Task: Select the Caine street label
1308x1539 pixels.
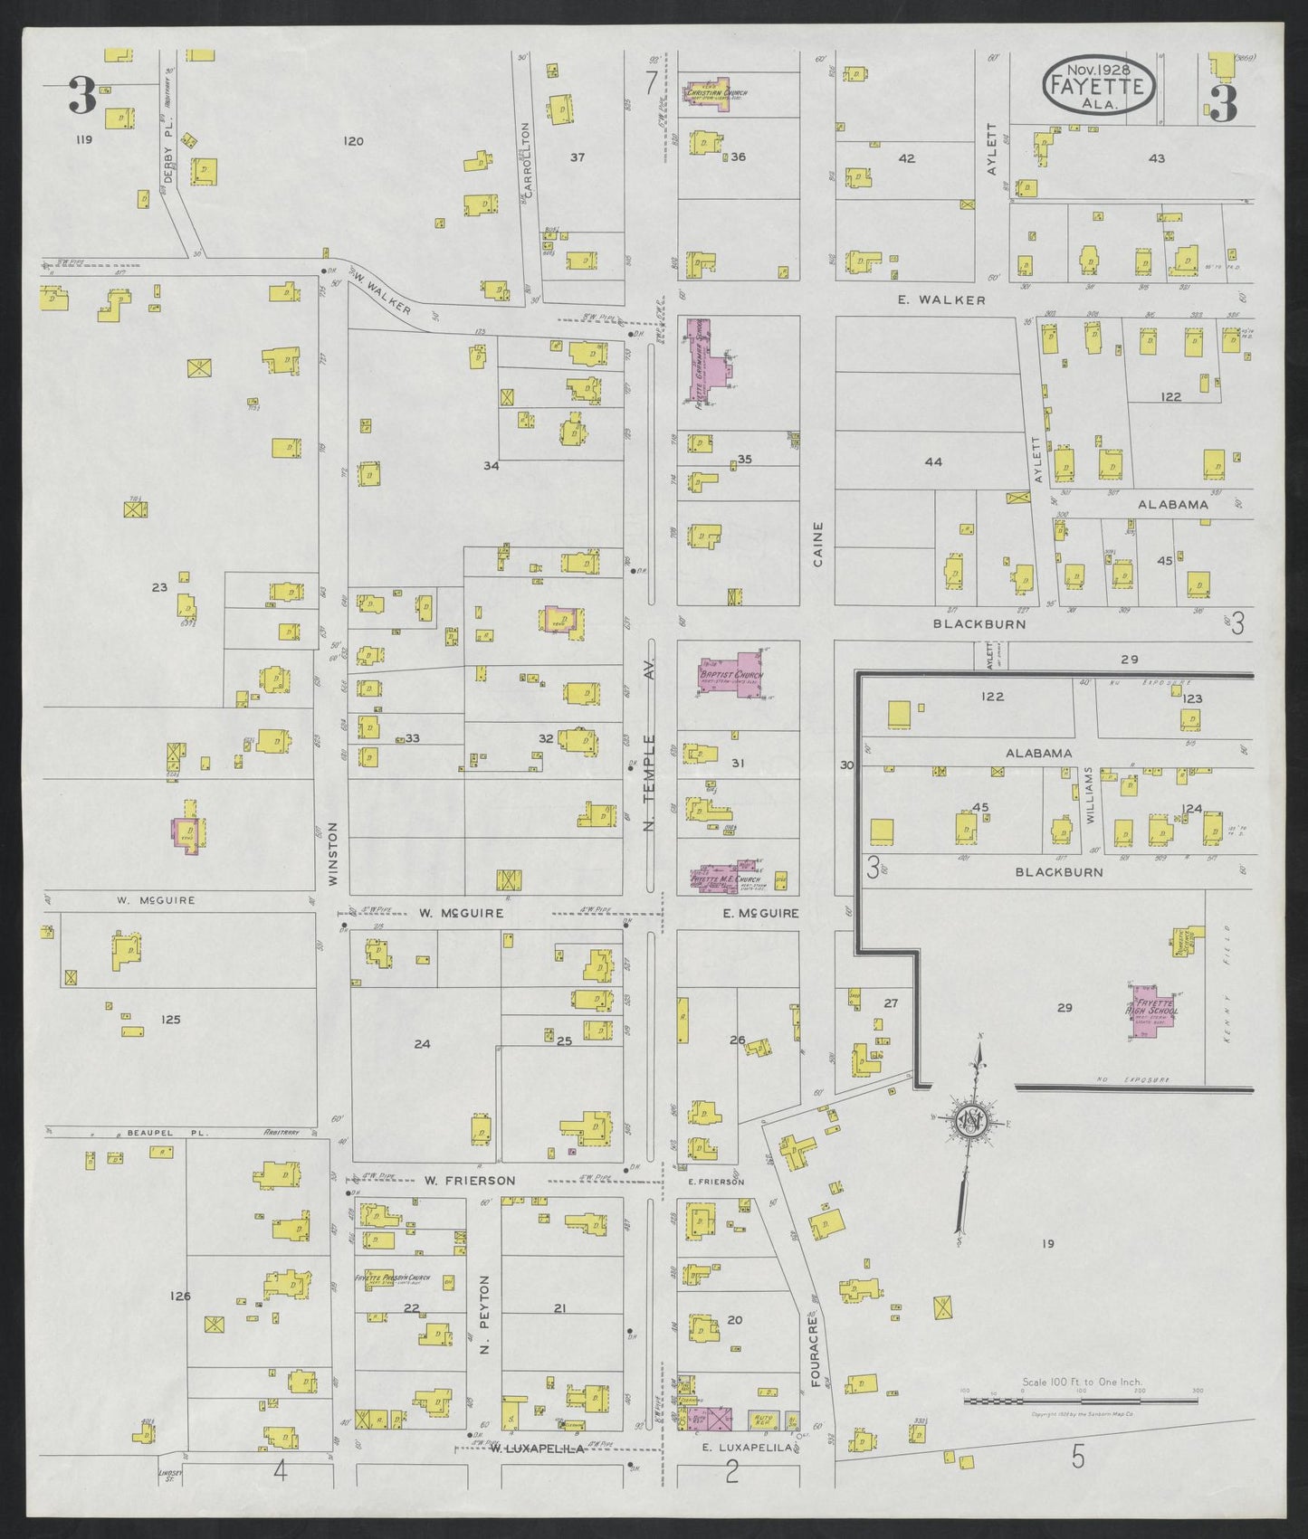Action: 818,544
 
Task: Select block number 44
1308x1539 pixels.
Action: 933,462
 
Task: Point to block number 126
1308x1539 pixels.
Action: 180,1296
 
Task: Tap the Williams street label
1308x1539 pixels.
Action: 1090,795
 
